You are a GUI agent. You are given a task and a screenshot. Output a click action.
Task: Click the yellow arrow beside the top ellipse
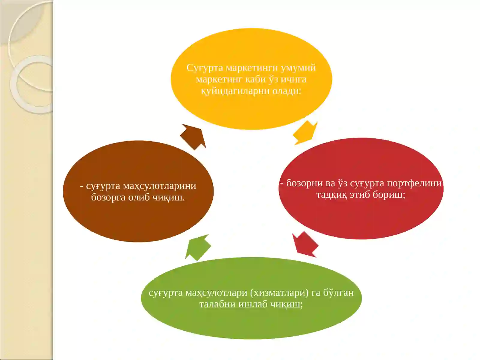[305, 133]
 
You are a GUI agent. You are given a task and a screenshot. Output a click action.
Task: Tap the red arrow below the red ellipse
[305, 244]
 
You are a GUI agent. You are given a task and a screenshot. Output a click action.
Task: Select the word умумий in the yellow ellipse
[298, 68]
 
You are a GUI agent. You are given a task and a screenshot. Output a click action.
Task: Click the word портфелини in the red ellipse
[414, 183]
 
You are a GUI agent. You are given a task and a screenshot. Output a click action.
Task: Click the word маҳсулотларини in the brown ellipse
[159, 186]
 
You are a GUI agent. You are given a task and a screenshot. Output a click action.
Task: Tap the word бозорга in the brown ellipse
[108, 198]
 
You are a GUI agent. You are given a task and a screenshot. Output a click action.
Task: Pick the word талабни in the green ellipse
[217, 304]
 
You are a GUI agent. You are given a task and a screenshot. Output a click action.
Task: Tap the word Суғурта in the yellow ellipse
[205, 68]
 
